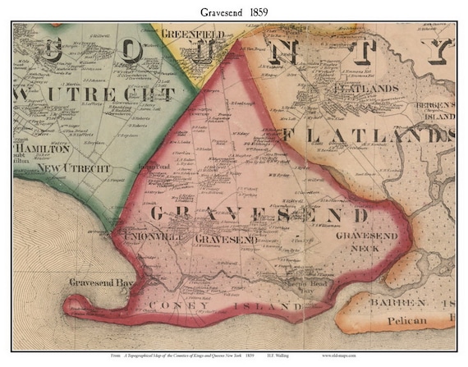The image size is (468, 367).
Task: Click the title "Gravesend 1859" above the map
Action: (233, 11)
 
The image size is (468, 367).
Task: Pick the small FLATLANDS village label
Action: (351, 86)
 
